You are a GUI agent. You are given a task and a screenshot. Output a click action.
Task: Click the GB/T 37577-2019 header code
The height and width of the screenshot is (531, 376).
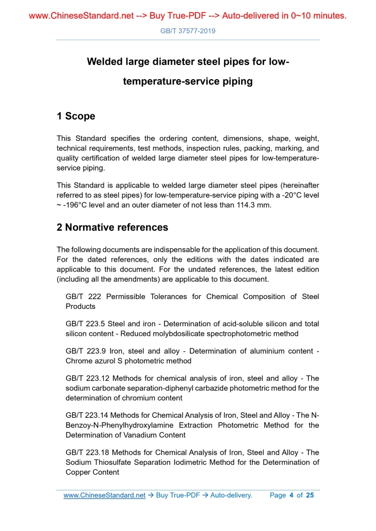188,31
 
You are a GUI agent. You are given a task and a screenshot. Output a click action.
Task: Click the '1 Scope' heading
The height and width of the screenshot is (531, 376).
76,116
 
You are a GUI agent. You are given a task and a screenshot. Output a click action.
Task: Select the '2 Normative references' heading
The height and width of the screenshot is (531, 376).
112,228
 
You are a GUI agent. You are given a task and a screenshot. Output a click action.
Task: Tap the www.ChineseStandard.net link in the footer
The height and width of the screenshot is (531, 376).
104,495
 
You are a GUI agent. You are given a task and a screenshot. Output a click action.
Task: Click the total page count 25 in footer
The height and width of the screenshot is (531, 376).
310,495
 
